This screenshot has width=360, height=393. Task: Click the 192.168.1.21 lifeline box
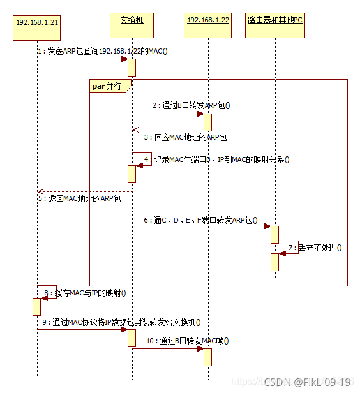point(37,22)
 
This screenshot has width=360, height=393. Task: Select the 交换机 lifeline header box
point(132,20)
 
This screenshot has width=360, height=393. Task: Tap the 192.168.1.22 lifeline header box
point(207,20)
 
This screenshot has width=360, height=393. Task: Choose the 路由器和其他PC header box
point(275,20)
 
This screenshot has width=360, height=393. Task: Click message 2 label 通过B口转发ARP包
point(191,105)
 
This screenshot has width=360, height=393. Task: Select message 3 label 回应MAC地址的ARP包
point(184,137)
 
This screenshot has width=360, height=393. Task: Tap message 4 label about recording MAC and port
point(216,159)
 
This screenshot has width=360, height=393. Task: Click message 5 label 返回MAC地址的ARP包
point(79,199)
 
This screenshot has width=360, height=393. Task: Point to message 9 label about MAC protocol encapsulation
point(123,322)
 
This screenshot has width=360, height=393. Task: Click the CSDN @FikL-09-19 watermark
point(308,382)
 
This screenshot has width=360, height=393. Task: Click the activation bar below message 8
point(36,306)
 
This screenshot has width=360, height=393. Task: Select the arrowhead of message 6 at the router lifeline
point(267,226)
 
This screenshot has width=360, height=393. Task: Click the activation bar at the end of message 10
point(207,357)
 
